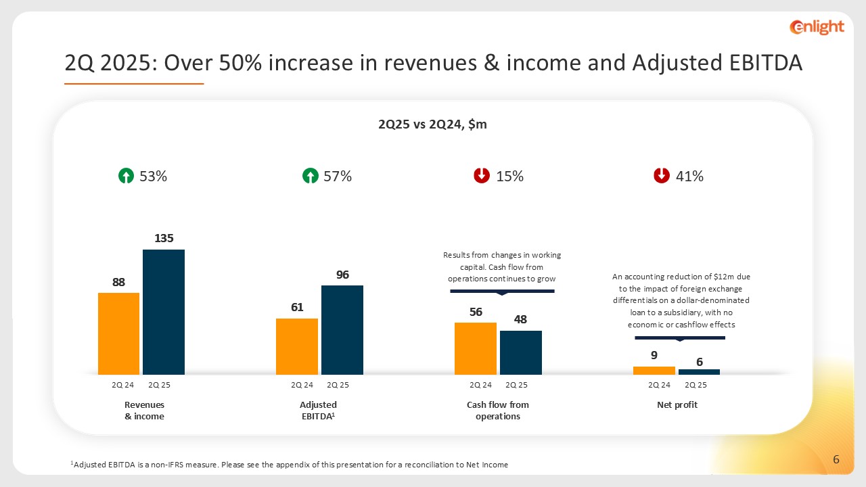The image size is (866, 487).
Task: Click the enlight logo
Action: tap(817, 27)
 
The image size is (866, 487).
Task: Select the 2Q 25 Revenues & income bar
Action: tap(164, 312)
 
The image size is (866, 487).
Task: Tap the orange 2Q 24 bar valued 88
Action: tap(118, 333)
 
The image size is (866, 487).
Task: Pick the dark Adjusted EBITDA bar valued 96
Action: tap(342, 330)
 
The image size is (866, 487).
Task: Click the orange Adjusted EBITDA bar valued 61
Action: tap(297, 346)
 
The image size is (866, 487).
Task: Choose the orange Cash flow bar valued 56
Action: tap(475, 348)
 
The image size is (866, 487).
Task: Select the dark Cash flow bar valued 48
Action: tap(521, 352)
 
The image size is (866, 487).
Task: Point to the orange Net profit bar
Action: tap(654, 371)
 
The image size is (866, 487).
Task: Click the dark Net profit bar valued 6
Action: tap(699, 372)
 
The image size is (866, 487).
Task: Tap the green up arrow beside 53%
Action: tap(126, 177)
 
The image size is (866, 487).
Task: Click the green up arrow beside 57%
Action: tap(310, 177)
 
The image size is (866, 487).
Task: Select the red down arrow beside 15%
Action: tap(482, 176)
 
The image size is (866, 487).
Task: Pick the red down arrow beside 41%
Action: tap(662, 176)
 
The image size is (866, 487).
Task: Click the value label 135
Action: tap(164, 238)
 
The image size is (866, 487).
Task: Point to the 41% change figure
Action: tap(690, 177)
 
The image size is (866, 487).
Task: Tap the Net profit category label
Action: tap(677, 405)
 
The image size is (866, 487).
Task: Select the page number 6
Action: tap(836, 460)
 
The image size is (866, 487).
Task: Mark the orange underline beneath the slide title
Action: tap(134, 84)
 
